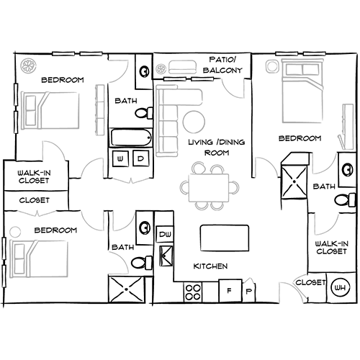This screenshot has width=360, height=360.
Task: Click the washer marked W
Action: (120, 158)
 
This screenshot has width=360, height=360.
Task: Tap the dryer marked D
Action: (140, 158)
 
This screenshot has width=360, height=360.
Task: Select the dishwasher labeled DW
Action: (165, 234)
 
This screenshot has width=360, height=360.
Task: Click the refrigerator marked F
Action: (230, 291)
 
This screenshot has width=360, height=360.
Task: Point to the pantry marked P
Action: (249, 290)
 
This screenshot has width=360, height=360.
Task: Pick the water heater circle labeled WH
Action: (341, 287)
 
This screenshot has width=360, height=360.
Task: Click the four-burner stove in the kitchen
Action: (193, 292)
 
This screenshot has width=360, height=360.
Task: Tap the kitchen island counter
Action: (225, 238)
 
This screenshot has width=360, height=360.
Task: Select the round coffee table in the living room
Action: (194, 122)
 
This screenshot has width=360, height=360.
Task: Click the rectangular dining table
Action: (209, 188)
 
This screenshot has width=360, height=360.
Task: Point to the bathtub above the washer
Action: (131, 138)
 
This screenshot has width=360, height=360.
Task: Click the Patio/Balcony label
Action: (222, 65)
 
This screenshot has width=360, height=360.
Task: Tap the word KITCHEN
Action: (210, 266)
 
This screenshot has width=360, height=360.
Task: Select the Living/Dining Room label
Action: (217, 147)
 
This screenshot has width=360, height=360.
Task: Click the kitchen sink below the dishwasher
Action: (166, 256)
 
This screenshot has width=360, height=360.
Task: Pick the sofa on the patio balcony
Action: (183, 67)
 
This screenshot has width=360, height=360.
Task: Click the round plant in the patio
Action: (161, 69)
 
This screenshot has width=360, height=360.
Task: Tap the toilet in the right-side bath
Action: (345, 199)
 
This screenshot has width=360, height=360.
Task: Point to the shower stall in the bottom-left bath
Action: (127, 289)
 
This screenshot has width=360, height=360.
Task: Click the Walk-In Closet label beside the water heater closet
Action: (332, 248)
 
